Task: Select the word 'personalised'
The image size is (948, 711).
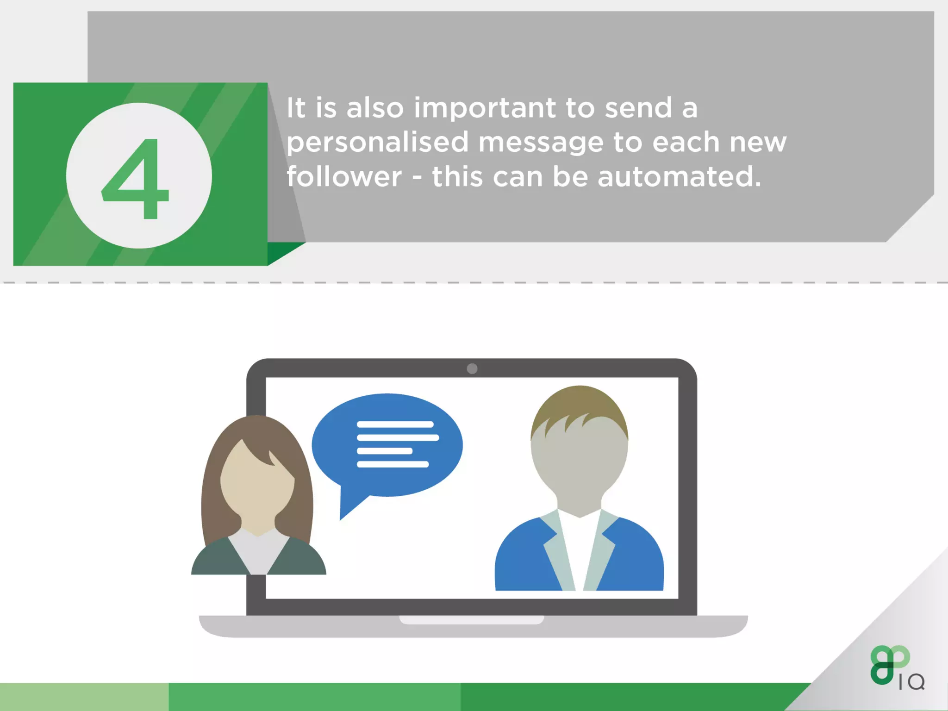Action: (377, 143)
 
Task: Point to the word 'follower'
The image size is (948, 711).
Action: (344, 177)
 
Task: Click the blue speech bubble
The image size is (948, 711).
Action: (387, 444)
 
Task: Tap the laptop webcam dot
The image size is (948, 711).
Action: (472, 368)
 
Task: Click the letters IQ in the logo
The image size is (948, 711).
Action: (911, 682)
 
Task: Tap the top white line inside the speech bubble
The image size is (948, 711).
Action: (395, 424)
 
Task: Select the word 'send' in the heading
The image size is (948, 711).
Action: (638, 109)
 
